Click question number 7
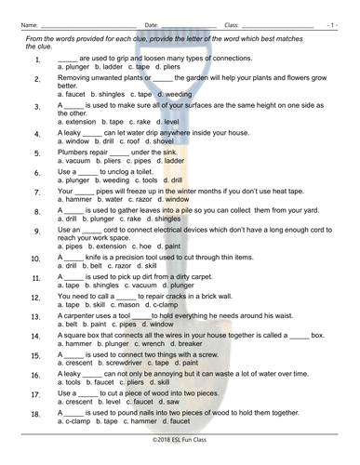point(36,193)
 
